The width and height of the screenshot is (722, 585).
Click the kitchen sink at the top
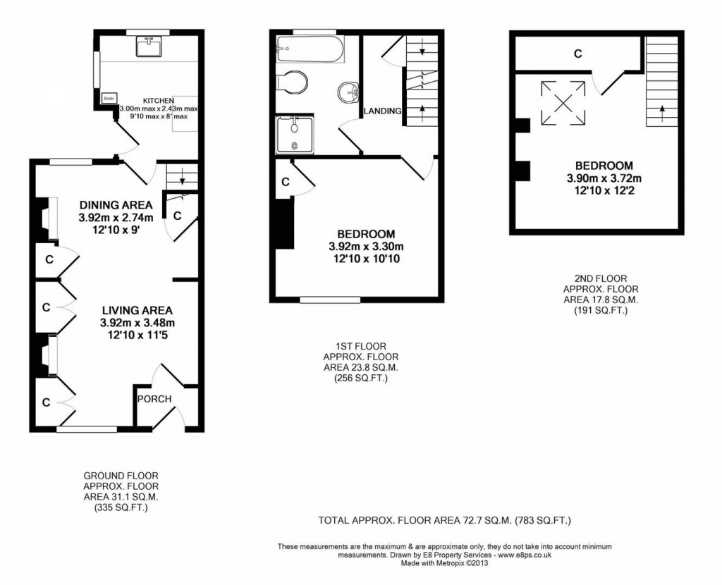(x=149, y=47)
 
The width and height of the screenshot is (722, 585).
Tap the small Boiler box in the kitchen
(x=109, y=99)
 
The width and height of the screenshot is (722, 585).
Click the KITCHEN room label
(x=159, y=100)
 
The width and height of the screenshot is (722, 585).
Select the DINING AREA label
(x=116, y=205)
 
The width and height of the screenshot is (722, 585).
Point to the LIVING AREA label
(x=137, y=309)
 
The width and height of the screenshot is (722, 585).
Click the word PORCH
(x=154, y=399)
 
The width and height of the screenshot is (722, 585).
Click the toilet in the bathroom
(x=291, y=82)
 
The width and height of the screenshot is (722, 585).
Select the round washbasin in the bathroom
(x=348, y=92)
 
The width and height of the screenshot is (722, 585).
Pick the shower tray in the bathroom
(x=295, y=134)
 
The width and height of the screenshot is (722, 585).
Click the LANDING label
(x=383, y=111)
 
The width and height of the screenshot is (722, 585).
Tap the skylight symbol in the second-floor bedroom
(x=563, y=101)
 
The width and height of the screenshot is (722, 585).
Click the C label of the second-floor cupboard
(x=577, y=54)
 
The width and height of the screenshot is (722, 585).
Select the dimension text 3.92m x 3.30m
(x=366, y=247)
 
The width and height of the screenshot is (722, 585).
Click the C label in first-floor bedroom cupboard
(x=285, y=182)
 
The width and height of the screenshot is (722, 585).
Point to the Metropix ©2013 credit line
(x=444, y=563)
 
